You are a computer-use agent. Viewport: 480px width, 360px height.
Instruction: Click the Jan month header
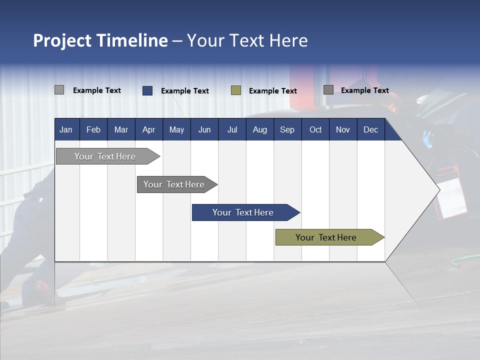[x=66, y=129]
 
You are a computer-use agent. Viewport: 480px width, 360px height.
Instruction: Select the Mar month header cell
[x=121, y=129]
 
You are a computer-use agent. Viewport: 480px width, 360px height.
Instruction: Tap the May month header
[x=176, y=129]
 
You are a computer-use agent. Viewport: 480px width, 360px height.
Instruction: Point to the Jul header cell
[x=232, y=129]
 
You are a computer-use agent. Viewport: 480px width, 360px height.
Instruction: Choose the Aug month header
[x=259, y=129]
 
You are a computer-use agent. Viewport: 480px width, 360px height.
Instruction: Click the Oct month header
[x=315, y=129]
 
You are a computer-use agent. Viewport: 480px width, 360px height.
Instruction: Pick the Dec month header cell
[x=370, y=129]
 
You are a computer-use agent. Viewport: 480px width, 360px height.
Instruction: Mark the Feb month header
[x=93, y=129]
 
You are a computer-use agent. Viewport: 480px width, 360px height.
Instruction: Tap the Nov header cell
[x=343, y=129]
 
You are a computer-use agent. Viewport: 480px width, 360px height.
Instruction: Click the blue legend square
[x=147, y=90]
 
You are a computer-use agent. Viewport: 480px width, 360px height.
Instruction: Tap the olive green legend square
[x=236, y=90]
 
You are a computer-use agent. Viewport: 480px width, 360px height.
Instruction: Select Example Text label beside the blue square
[x=185, y=91]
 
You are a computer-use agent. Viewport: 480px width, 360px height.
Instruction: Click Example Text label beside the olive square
[x=273, y=91]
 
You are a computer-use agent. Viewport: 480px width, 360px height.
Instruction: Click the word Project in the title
[x=62, y=40]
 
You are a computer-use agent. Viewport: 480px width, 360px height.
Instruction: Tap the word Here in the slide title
[x=288, y=40]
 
